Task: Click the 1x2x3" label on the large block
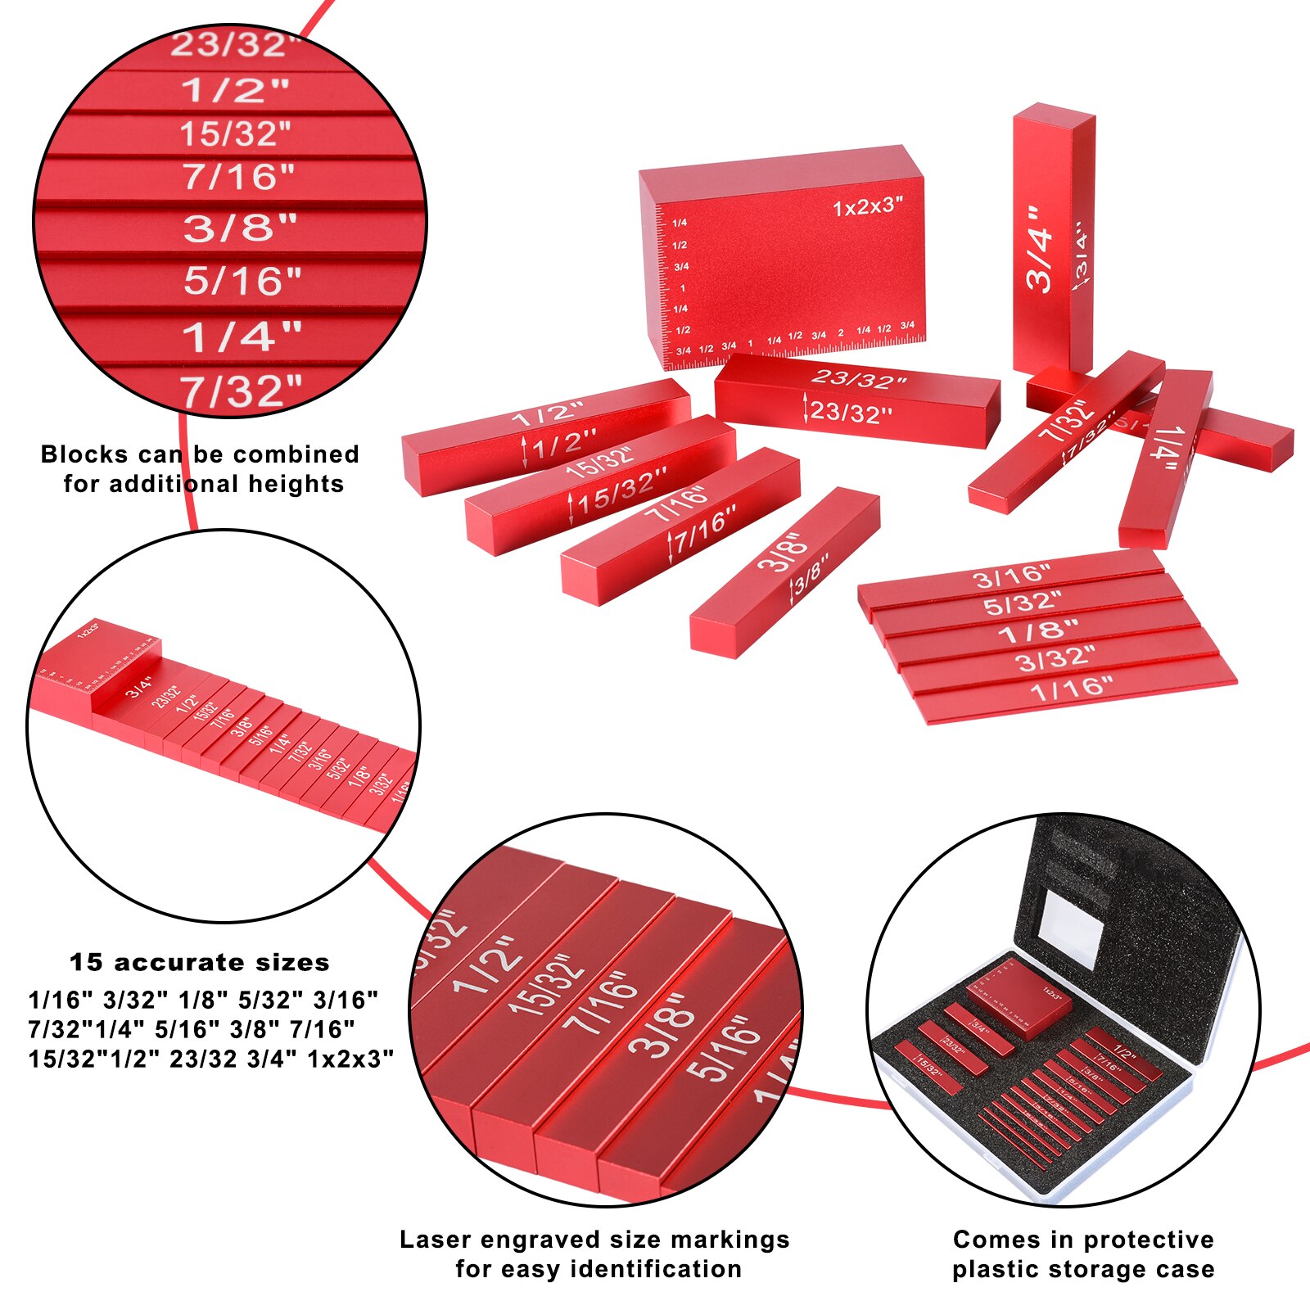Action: click(x=867, y=206)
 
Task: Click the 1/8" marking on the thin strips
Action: click(x=1037, y=631)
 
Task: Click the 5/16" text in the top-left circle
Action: click(x=242, y=282)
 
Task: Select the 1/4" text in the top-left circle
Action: click(x=242, y=337)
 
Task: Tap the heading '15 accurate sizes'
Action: click(x=199, y=962)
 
